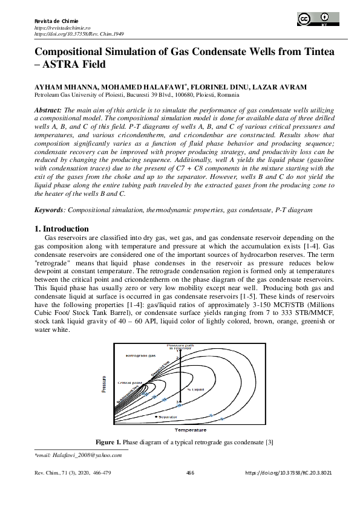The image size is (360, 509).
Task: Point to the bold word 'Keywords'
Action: [48, 210]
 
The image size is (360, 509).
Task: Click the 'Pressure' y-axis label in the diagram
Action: [103, 384]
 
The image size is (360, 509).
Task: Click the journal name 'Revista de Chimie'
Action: [53, 22]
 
